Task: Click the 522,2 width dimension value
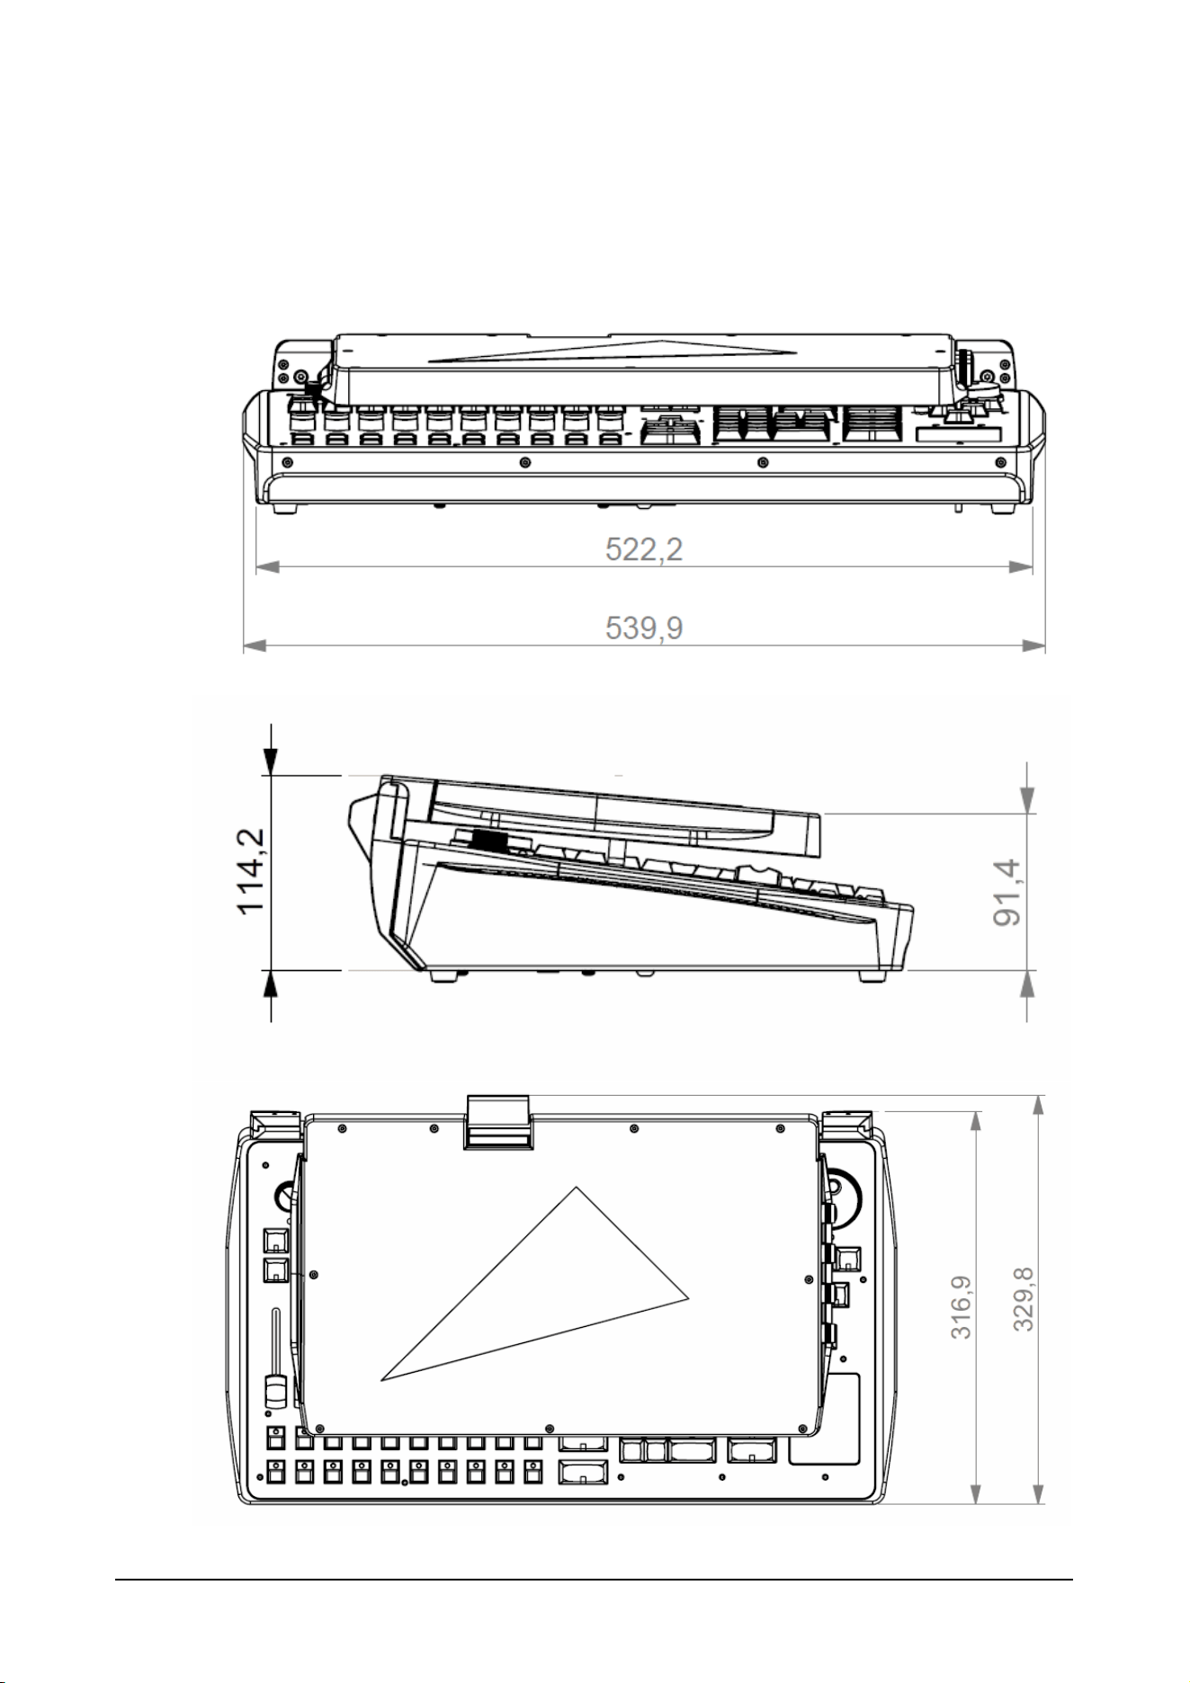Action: [x=643, y=548]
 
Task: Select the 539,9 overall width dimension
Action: [x=643, y=627]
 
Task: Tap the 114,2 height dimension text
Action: [x=253, y=871]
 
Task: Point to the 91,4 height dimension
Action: [x=1008, y=892]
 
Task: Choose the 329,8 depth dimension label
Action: [x=1024, y=1299]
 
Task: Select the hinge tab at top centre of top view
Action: [x=496, y=1122]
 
